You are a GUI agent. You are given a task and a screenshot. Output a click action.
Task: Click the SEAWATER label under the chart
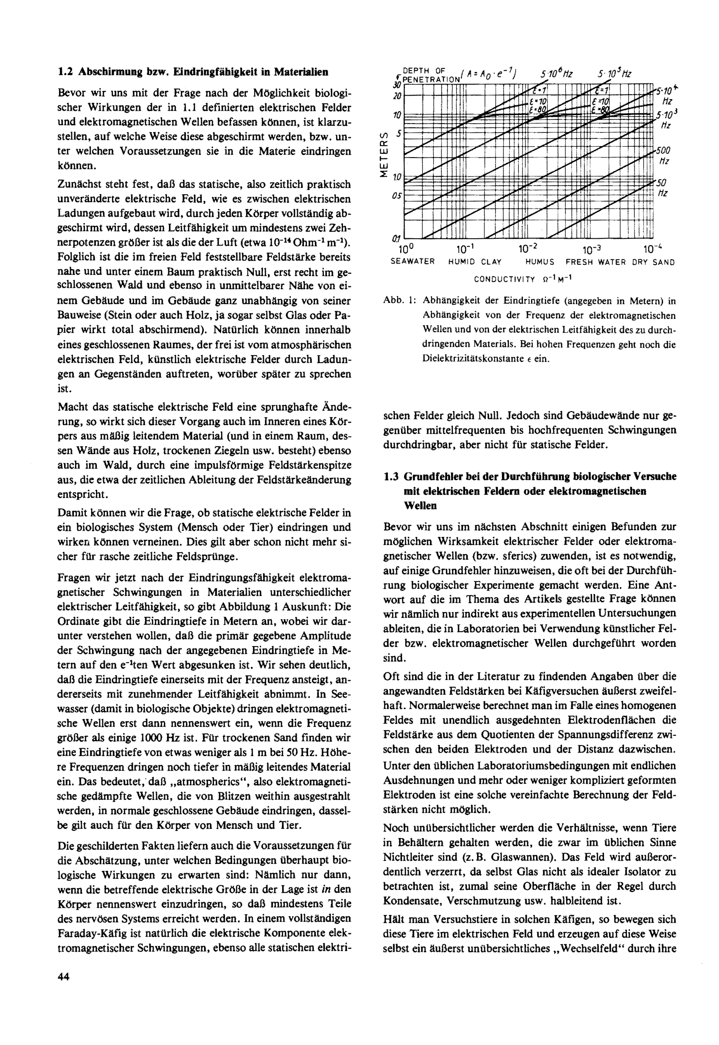[412, 262]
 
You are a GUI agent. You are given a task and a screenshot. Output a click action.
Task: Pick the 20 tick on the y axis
[397, 96]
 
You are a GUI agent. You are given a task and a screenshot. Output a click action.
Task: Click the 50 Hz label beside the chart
[662, 187]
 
